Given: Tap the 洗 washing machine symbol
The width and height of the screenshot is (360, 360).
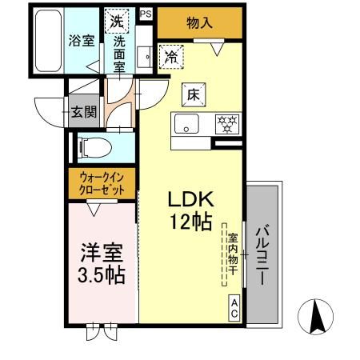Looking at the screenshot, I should (x=118, y=21).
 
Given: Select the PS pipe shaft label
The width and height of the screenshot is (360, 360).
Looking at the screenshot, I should (x=145, y=14).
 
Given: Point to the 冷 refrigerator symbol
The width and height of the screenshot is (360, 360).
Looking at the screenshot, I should (x=171, y=56).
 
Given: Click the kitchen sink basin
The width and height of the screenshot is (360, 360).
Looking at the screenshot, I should (x=188, y=124).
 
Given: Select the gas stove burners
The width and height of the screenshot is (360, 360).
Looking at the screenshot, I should (x=227, y=124).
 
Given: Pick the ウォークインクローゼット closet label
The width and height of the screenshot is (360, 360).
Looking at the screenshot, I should (x=101, y=185).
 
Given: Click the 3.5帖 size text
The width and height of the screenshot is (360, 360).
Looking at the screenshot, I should (x=101, y=276).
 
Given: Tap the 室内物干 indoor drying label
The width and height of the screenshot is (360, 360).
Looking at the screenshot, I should (x=231, y=255).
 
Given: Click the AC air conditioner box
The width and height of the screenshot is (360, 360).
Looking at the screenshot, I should (x=234, y=308).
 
